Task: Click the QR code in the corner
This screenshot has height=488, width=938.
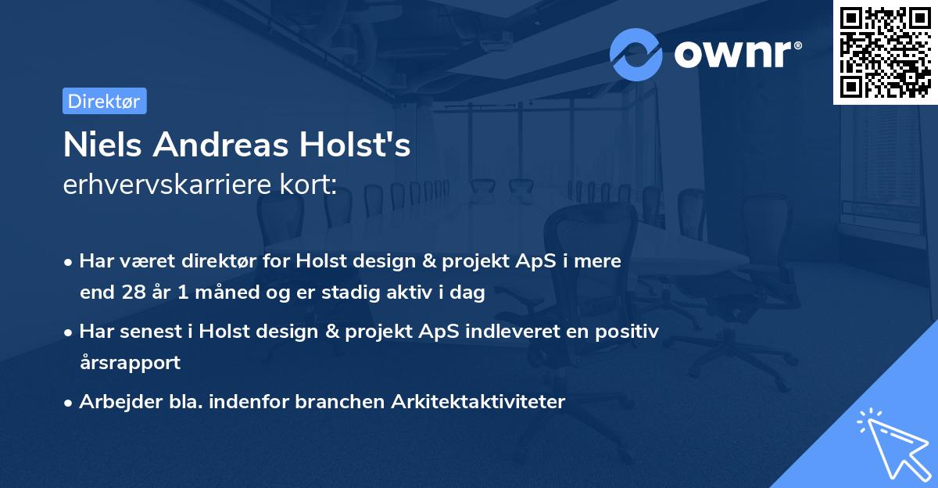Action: coord(886,52)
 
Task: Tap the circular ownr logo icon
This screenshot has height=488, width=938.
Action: coord(636,54)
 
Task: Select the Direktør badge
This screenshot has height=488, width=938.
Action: coord(104,101)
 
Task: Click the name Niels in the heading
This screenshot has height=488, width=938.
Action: coord(102,145)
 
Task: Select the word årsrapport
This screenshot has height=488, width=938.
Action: coord(130,362)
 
